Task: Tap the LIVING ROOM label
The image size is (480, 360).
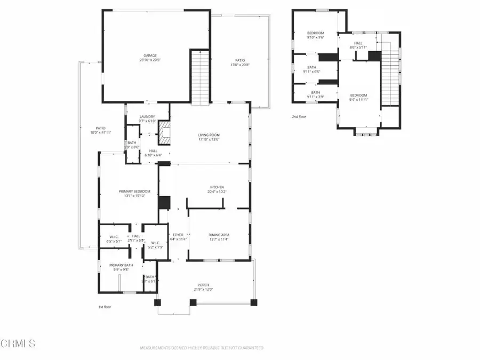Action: [x=209, y=135]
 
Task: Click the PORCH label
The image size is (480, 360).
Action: [x=204, y=286]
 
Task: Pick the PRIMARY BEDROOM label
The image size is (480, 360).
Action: [x=134, y=191]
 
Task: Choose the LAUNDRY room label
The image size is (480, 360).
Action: [x=147, y=117]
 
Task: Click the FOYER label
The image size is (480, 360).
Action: [x=178, y=235]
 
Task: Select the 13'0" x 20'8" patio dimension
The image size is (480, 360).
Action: [x=240, y=65]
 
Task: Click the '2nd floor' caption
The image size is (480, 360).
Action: [x=300, y=116]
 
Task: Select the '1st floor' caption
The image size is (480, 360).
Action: [x=105, y=307]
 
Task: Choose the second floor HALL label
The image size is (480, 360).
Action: [x=357, y=45]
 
